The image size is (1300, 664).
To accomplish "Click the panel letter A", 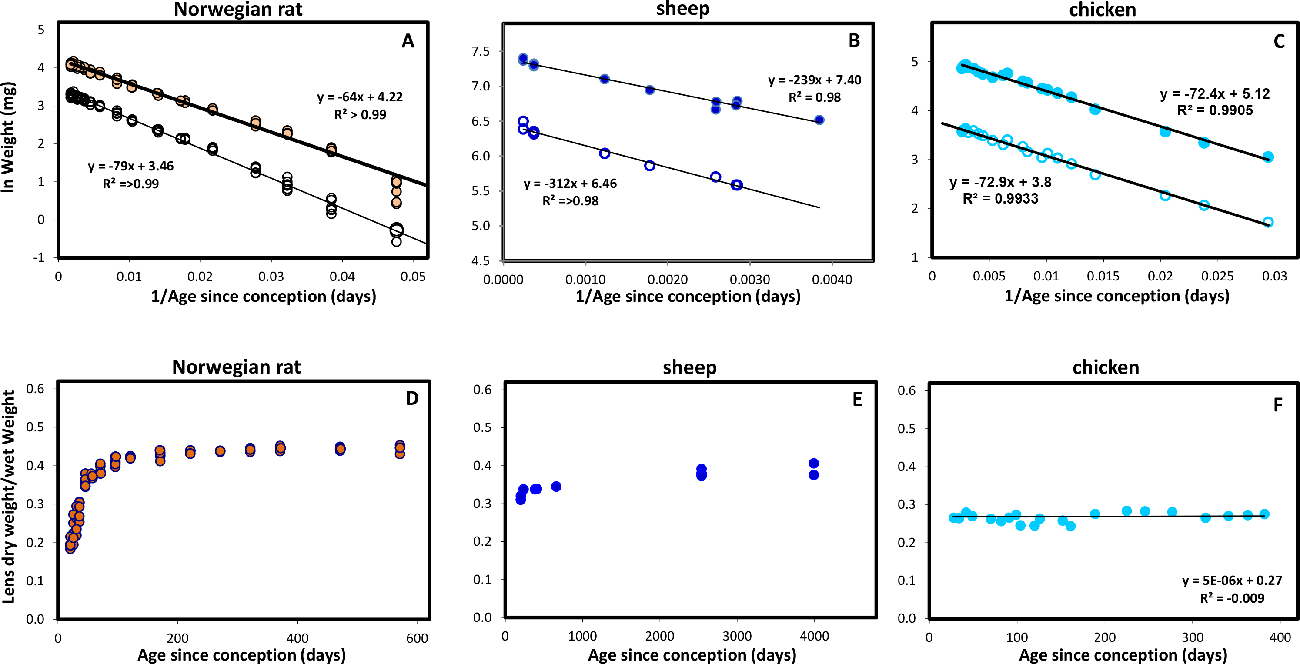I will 408,41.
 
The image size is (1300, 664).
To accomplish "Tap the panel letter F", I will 1278,405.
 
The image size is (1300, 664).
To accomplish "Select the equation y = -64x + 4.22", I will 360,97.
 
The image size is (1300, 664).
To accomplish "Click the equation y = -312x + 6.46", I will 570,184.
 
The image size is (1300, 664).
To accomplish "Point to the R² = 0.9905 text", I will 1215,110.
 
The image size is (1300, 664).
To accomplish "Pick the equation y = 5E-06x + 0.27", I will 1232,581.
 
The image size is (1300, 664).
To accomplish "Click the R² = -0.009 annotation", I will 1232,598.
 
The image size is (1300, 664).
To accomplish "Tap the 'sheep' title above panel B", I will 683,9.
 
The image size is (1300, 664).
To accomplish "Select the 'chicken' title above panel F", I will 1106,367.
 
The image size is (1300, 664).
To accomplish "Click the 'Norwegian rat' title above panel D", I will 236,367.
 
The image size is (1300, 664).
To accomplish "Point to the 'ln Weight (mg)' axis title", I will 8,137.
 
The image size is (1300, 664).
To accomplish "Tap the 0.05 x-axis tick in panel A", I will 413,277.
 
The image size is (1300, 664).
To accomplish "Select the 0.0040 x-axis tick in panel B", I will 832,280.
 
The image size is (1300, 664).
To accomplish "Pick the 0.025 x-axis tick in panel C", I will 1217,277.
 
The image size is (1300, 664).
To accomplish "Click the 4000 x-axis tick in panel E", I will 814,636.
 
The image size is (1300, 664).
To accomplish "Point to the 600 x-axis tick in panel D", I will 417,638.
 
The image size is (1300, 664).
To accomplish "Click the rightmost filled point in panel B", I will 819,120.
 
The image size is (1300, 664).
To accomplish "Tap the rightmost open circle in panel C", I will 1268,222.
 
